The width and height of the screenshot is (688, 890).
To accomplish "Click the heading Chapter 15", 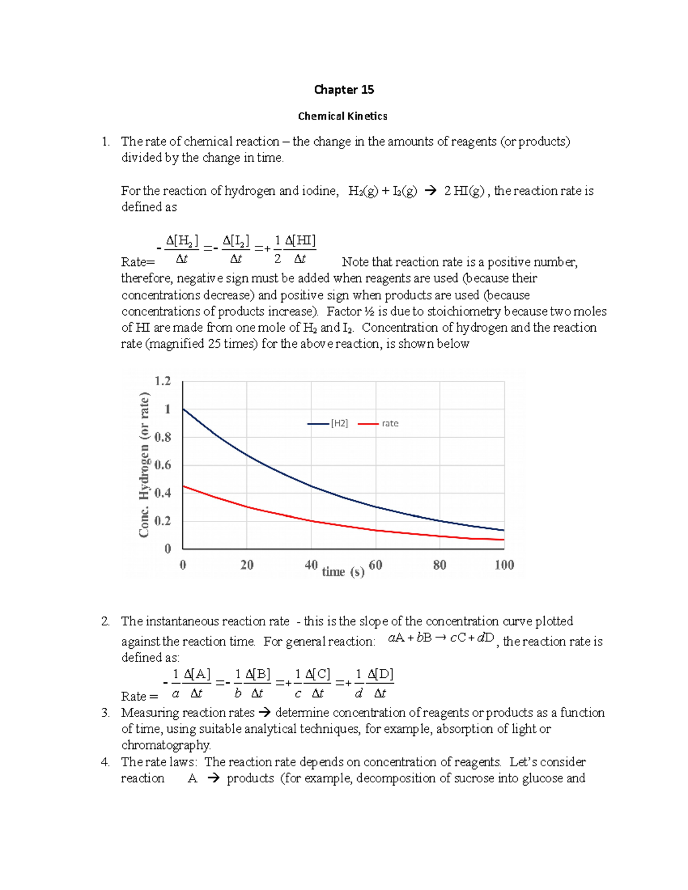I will (343, 89).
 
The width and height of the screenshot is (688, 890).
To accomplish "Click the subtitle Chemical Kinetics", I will (342, 116).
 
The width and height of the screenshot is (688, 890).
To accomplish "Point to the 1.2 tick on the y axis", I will (163, 381).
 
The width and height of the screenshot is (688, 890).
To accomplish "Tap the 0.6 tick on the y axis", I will (163, 465).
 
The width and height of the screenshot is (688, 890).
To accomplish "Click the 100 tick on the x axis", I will (504, 565).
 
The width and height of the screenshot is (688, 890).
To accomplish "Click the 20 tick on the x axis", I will (247, 565).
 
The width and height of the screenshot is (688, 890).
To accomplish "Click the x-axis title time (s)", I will (343, 571).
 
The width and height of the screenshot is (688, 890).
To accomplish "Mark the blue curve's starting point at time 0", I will (183, 409).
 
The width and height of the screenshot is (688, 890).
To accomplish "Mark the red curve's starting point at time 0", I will (183, 486).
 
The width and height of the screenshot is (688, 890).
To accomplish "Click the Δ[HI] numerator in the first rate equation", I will (300, 241).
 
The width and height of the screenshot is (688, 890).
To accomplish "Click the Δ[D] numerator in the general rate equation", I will (380, 675).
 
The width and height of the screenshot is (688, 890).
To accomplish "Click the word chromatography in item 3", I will (166, 745).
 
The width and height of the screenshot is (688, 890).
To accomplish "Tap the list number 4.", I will (105, 762).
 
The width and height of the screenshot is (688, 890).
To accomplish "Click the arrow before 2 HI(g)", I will (429, 191).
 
